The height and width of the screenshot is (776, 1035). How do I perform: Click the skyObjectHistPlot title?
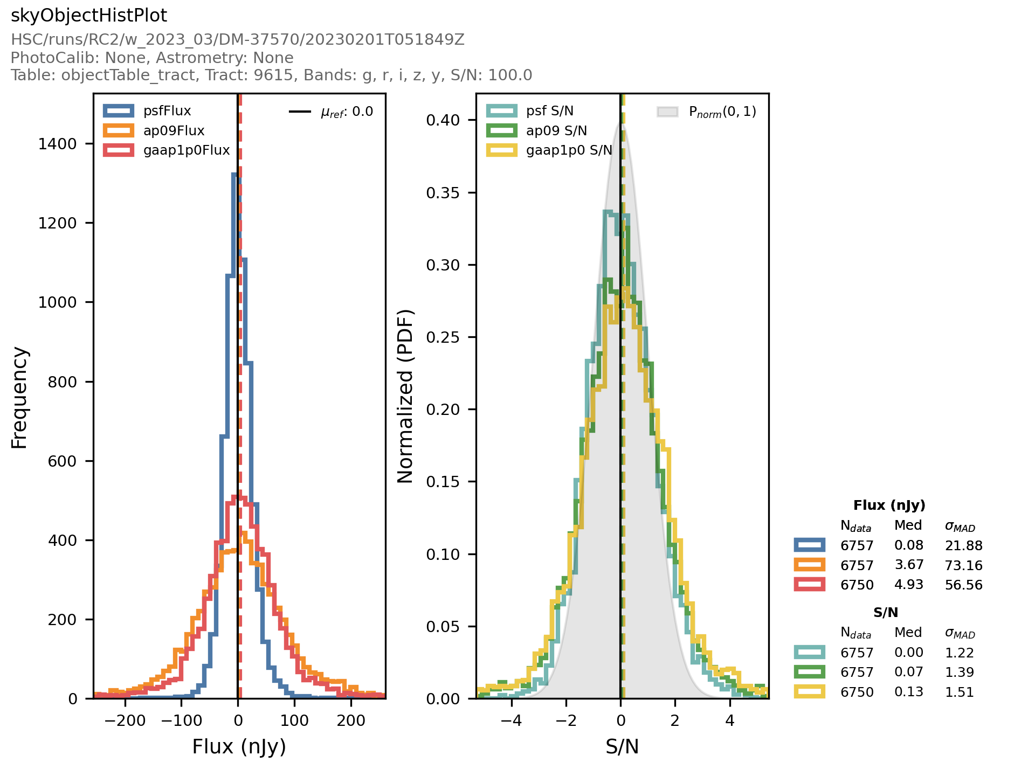pyautogui.click(x=89, y=16)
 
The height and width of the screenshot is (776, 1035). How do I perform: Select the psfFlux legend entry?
pyautogui.click(x=167, y=111)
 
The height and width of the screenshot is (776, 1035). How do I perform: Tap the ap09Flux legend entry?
pyautogui.click(x=174, y=131)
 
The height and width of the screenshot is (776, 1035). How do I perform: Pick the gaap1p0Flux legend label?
pyautogui.click(x=187, y=150)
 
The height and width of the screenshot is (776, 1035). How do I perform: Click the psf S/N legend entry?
pyautogui.click(x=549, y=111)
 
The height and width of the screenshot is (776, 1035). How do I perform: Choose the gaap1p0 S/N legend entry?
pyautogui.click(x=569, y=150)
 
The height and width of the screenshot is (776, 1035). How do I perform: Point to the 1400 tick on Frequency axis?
pyautogui.click(x=58, y=144)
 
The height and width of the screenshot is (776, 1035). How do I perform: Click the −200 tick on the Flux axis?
pyautogui.click(x=125, y=720)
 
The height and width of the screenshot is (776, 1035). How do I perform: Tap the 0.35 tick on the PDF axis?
pyautogui.click(x=443, y=193)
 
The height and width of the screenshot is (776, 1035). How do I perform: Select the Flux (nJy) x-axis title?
pyautogui.click(x=239, y=747)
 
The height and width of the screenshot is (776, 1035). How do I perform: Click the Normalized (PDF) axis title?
pyautogui.click(x=405, y=396)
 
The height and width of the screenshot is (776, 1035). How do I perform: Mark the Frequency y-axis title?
pyautogui.click(x=19, y=398)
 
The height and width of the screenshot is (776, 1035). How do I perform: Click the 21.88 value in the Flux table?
pyautogui.click(x=963, y=546)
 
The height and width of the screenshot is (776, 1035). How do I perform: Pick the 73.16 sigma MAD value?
pyautogui.click(x=963, y=565)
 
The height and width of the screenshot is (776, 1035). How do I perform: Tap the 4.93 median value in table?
pyautogui.click(x=909, y=585)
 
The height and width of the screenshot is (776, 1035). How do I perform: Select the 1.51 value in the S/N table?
pyautogui.click(x=959, y=692)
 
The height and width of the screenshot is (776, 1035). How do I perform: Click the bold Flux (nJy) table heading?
pyautogui.click(x=889, y=505)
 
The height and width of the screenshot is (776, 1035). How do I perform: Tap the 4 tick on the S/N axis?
pyautogui.click(x=730, y=720)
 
